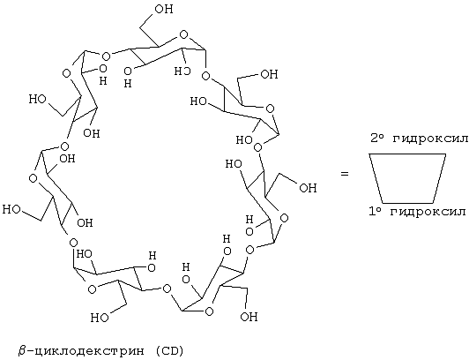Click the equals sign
345,173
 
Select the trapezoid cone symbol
407,154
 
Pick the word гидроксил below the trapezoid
428,212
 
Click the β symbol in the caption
22,350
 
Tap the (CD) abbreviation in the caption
168,350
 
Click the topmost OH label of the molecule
164,9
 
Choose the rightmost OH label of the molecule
308,188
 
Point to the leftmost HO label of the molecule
11,209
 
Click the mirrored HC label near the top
182,71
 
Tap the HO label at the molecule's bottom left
100,318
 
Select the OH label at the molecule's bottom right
249,316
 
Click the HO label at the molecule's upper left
38,99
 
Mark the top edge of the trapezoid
407,154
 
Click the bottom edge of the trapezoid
408,203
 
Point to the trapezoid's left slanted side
376,178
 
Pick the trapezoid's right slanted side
439,178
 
